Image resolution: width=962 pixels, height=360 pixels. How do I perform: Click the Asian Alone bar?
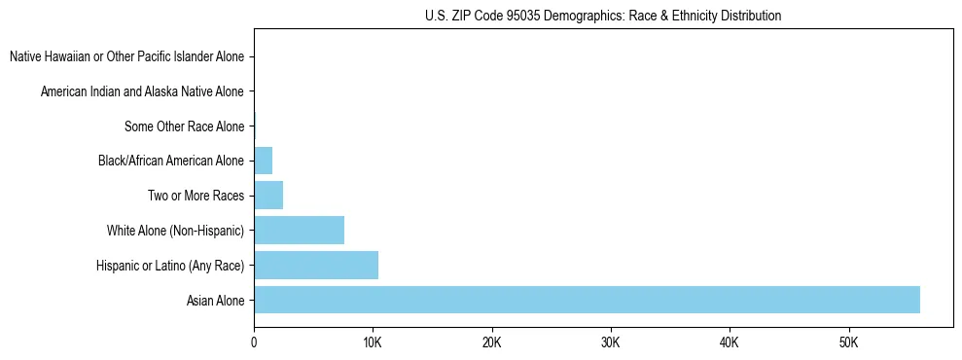(587, 300)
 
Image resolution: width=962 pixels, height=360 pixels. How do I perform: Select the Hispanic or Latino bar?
(316, 265)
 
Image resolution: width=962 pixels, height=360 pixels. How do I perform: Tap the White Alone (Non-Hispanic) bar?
(299, 230)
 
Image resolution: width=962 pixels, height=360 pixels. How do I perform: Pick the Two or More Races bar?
(268, 195)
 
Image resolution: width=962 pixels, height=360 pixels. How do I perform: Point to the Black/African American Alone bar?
(263, 160)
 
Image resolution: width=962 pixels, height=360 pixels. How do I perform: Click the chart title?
(603, 16)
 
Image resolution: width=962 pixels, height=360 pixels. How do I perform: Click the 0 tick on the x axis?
(254, 342)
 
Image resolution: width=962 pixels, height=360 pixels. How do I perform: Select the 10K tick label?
(373, 342)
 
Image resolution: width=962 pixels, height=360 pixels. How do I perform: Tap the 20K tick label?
(492, 342)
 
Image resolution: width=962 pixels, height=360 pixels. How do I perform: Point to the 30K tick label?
(611, 342)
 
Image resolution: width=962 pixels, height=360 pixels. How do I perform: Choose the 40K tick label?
(730, 342)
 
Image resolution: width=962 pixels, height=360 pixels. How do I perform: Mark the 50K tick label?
(848, 342)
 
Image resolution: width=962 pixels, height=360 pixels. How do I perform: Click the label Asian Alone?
(215, 301)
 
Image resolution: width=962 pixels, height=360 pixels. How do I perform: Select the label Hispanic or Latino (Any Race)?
(170, 266)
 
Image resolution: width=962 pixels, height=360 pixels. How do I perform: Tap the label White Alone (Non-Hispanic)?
(175, 231)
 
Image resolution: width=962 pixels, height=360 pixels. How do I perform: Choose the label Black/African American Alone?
(171, 161)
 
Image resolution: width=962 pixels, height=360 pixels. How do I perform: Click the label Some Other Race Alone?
(184, 126)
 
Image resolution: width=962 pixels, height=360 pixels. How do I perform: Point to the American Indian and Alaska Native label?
(142, 91)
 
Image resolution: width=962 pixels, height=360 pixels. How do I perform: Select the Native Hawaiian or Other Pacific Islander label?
(126, 56)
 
